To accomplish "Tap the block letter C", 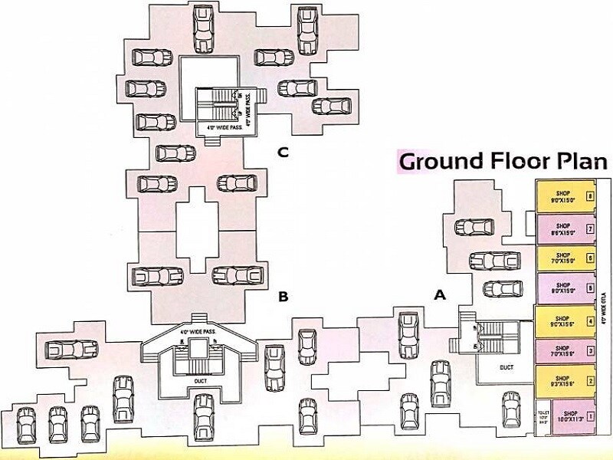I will click(x=283, y=153).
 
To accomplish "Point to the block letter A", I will click(x=440, y=294).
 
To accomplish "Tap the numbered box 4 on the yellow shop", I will click(x=589, y=320).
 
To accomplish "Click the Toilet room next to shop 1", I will click(x=542, y=415).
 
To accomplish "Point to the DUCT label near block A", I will click(x=506, y=367).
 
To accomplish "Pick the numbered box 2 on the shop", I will click(x=589, y=381).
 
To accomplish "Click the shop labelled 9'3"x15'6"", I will click(x=564, y=381).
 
